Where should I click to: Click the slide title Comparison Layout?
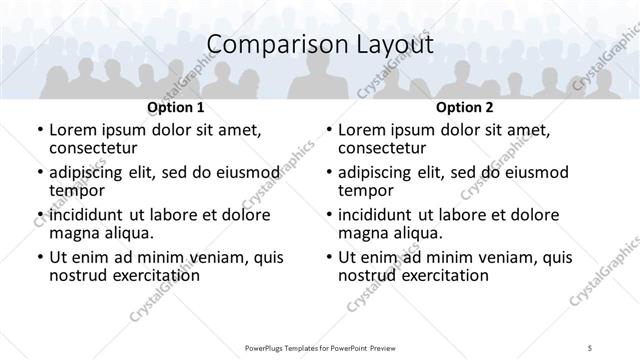pyautogui.click(x=319, y=45)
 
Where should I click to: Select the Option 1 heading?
pyautogui.click(x=175, y=107)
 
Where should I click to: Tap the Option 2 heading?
pyautogui.click(x=465, y=107)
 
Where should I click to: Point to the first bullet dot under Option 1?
pyautogui.click(x=39, y=130)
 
